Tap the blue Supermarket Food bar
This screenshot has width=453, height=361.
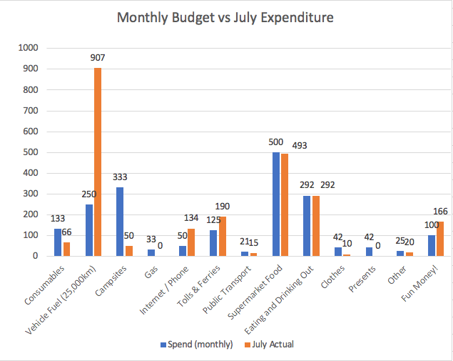pyautogui.click(x=275, y=204)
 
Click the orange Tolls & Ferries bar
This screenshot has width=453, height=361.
pyautogui.click(x=222, y=236)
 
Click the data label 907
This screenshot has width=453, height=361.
pyautogui.click(x=98, y=58)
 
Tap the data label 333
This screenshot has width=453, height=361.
pyautogui.click(x=120, y=177)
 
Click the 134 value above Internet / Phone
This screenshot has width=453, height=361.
pyautogui.click(x=192, y=219)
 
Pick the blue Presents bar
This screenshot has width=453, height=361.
pyautogui.click(x=369, y=251)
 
